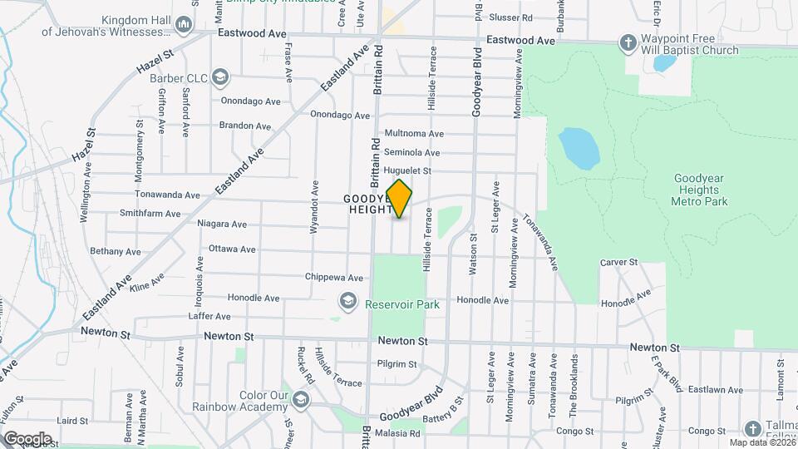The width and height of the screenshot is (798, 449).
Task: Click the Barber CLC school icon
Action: tap(219, 78)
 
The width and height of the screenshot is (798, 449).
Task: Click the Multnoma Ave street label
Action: tap(414, 134)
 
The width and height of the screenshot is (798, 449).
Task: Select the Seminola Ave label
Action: tap(412, 153)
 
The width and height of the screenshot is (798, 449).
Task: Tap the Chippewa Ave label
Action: tap(334, 278)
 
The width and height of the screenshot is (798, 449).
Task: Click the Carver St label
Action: tap(618, 263)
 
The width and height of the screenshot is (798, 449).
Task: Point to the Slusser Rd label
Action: tap(511, 17)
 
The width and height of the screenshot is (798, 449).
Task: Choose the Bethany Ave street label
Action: tap(116, 251)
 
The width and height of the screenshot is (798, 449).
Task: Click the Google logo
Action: tap(27, 438)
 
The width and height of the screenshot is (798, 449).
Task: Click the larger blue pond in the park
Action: tap(579, 148)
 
